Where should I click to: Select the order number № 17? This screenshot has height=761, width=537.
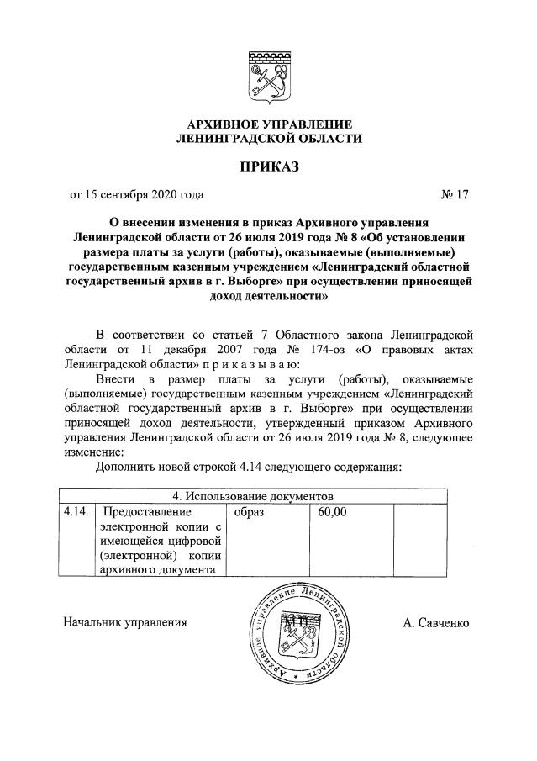pyautogui.click(x=454, y=196)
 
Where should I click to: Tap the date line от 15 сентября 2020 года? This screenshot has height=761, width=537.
pyautogui.click(x=136, y=196)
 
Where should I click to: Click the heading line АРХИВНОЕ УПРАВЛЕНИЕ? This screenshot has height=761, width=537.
pyautogui.click(x=268, y=124)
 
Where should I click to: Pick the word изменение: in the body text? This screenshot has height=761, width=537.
pyautogui.click(x=93, y=452)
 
